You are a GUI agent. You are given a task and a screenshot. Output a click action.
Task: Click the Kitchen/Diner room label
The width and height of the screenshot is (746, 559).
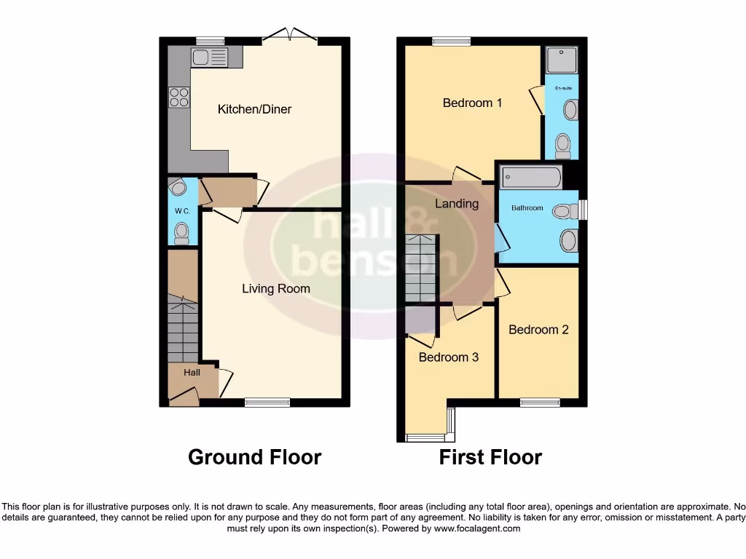[254, 109]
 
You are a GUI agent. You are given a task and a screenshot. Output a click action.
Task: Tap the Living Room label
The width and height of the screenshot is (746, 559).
[276, 289]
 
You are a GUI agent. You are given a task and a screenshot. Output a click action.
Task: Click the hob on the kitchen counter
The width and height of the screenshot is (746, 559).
[178, 97]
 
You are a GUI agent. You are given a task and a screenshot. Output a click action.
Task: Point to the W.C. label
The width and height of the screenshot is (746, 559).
[181, 211]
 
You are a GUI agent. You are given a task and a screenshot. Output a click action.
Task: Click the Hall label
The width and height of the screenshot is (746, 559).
[192, 372]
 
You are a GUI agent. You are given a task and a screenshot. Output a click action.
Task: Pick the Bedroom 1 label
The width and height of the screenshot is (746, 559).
[472, 103]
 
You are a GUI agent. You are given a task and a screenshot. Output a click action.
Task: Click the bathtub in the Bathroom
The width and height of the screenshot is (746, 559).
[530, 178]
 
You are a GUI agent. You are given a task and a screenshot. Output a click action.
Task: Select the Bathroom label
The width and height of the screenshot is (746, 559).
[527, 208]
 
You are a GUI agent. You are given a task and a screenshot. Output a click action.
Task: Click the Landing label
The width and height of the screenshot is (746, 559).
[457, 204]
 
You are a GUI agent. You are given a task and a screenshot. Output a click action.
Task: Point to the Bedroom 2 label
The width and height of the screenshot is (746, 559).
[538, 330]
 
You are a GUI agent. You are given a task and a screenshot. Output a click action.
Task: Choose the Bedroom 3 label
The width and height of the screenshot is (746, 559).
[449, 357]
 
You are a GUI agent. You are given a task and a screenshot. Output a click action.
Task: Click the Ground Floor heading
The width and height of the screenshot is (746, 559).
[254, 457]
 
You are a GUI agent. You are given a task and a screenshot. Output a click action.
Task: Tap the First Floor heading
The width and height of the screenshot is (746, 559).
[490, 457]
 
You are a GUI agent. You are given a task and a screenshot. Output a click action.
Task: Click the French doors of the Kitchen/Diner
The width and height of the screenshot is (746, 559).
[291, 35]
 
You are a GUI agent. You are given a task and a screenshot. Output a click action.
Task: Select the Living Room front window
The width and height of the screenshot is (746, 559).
[267, 402]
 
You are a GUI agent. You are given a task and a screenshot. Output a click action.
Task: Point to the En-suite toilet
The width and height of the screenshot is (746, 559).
[562, 146]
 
